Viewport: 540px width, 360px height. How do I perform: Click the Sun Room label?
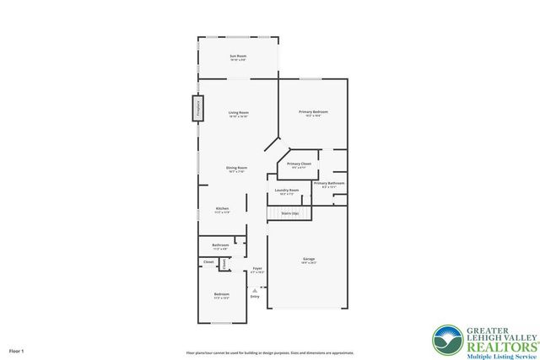click(x=238, y=56)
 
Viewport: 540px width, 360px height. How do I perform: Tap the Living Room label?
click(x=238, y=113)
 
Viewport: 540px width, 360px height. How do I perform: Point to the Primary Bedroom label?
click(x=313, y=112)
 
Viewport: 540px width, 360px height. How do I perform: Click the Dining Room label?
click(x=236, y=168)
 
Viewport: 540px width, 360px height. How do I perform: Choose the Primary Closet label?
click(x=300, y=164)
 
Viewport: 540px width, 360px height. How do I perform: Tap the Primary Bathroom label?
click(x=329, y=183)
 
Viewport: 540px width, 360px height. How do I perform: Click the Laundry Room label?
click(x=287, y=191)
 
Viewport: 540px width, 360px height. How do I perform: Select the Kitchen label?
click(x=222, y=208)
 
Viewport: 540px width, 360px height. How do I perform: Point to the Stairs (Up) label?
click(x=288, y=213)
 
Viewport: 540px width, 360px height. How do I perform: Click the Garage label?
click(x=308, y=259)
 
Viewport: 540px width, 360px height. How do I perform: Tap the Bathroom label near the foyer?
click(x=220, y=245)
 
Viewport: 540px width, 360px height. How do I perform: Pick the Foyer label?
click(x=257, y=269)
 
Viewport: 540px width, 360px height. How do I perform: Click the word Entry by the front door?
click(x=255, y=296)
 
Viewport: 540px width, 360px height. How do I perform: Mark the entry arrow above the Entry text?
click(x=255, y=289)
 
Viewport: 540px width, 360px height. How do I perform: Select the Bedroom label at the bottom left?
click(x=221, y=294)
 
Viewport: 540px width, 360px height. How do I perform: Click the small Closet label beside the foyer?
click(x=208, y=262)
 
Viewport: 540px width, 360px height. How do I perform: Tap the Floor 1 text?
click(x=17, y=350)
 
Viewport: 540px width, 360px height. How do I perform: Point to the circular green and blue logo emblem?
click(x=447, y=341)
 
